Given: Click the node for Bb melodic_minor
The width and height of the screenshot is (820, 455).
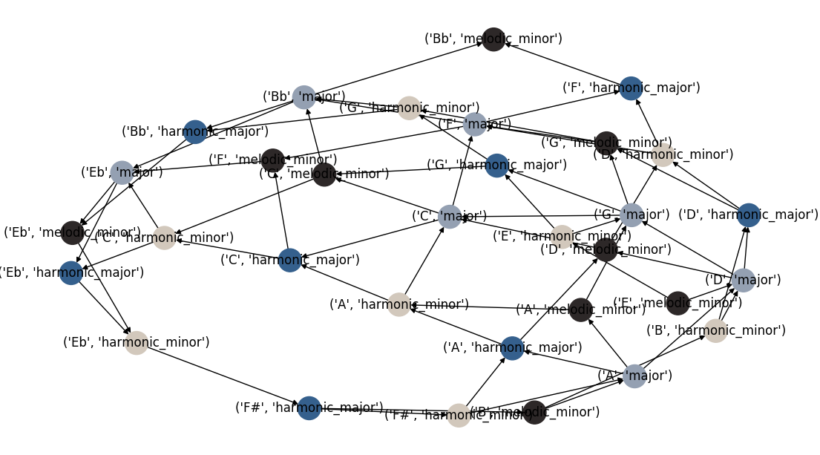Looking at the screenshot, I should [493, 39].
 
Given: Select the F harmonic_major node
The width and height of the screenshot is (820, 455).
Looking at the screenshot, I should [631, 88].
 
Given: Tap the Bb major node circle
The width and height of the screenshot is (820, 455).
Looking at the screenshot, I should [304, 97].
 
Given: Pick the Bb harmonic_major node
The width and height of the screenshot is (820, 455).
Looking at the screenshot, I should [195, 132].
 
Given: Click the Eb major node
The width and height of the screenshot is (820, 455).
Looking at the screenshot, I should [122, 173].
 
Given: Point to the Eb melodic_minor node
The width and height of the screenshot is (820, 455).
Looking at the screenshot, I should [71, 233].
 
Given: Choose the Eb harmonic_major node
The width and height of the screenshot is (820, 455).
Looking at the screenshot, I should [71, 272].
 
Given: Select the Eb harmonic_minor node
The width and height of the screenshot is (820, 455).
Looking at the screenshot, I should [137, 342].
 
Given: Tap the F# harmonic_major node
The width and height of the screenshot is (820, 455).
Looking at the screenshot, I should [309, 407].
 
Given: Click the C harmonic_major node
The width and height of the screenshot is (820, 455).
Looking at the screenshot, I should [290, 261].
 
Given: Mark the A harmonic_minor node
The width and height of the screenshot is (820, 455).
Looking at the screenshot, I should [399, 304].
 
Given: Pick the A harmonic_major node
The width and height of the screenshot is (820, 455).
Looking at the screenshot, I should [512, 348].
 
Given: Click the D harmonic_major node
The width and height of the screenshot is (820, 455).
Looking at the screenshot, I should [748, 215].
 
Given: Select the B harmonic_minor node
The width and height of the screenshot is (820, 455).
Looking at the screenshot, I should [715, 331].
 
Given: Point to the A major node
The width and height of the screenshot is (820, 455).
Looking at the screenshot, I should [634, 376].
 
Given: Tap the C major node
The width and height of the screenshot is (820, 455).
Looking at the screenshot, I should [450, 217].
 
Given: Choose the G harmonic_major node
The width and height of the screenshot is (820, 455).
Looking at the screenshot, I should [496, 166].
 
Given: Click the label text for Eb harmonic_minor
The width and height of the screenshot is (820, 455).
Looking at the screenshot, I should [137, 342].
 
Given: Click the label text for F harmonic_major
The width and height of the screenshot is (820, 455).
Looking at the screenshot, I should [631, 88].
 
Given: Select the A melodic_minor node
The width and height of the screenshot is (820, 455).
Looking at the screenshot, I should [581, 310].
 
